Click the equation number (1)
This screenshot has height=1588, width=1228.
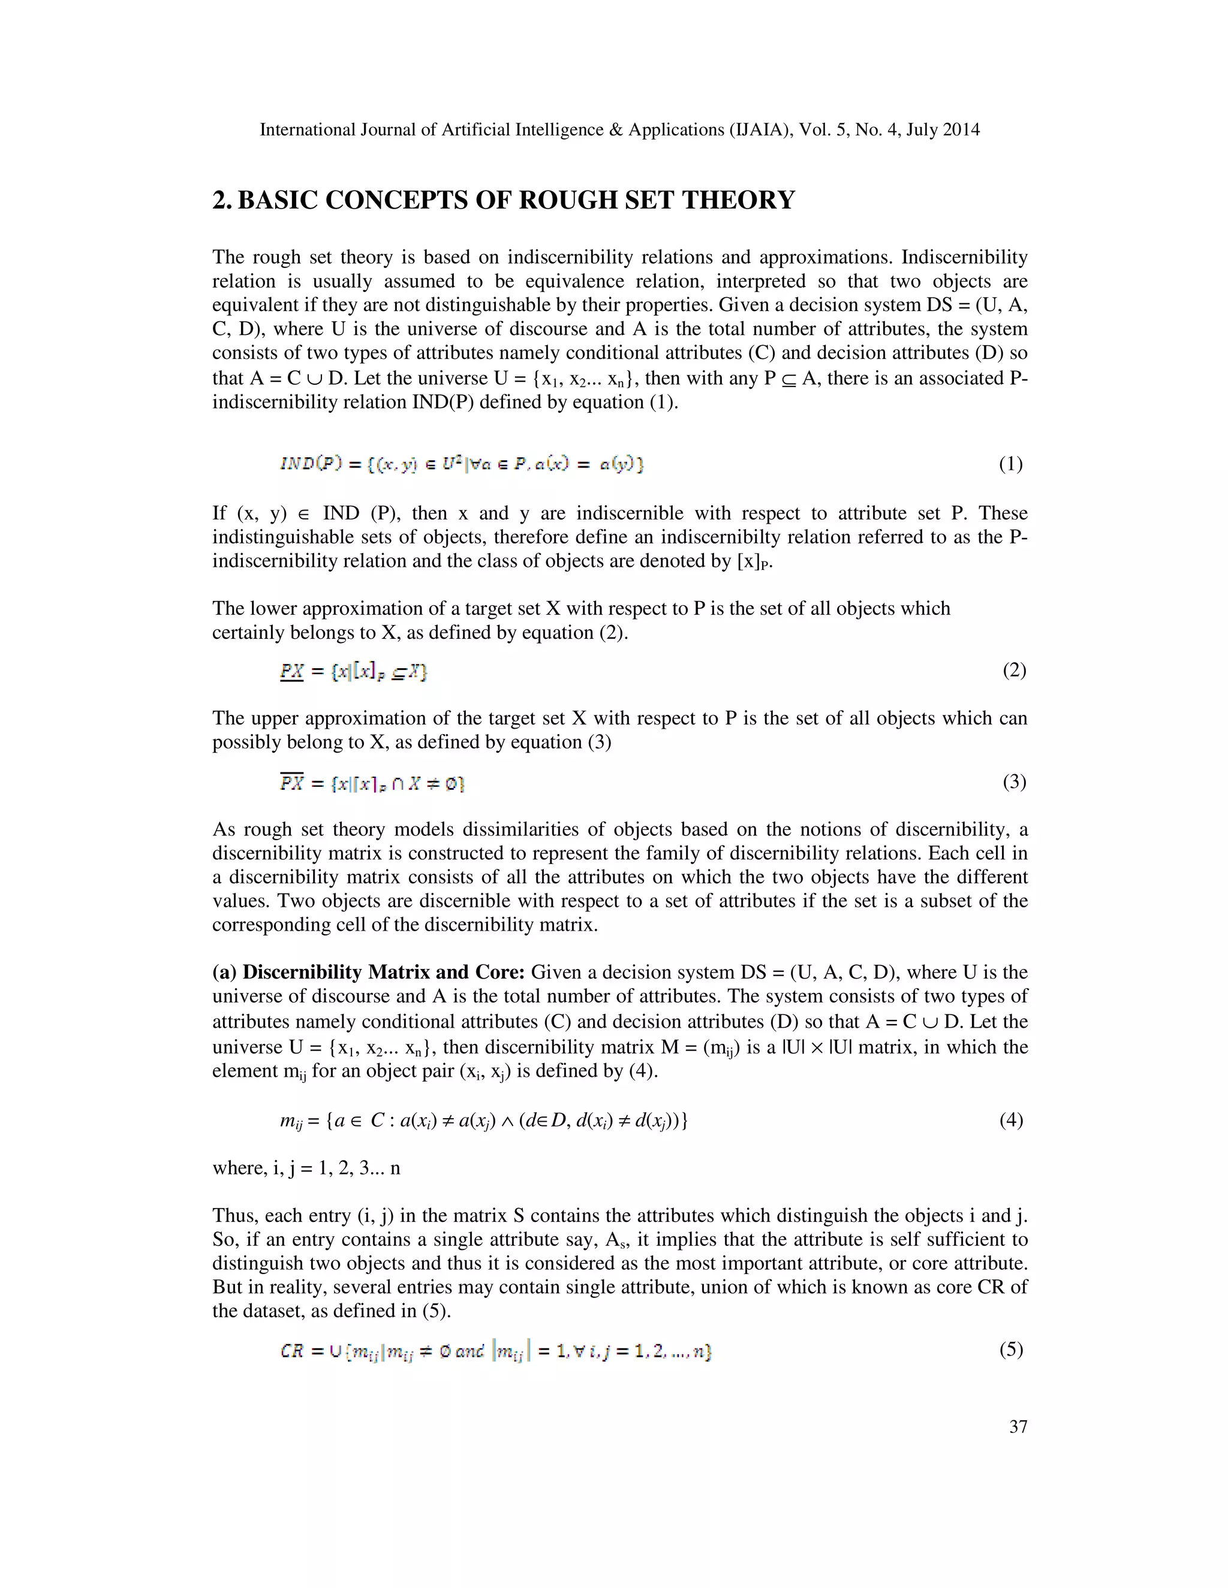[1010, 464]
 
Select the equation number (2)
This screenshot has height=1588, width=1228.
[1013, 670]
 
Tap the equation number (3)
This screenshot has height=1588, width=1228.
[1013, 783]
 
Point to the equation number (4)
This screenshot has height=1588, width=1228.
[1010, 1120]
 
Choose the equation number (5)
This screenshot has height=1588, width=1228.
[1010, 1350]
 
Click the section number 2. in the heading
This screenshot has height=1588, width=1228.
[222, 200]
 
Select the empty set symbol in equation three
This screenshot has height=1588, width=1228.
[453, 784]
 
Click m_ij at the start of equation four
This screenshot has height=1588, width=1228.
[290, 1121]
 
